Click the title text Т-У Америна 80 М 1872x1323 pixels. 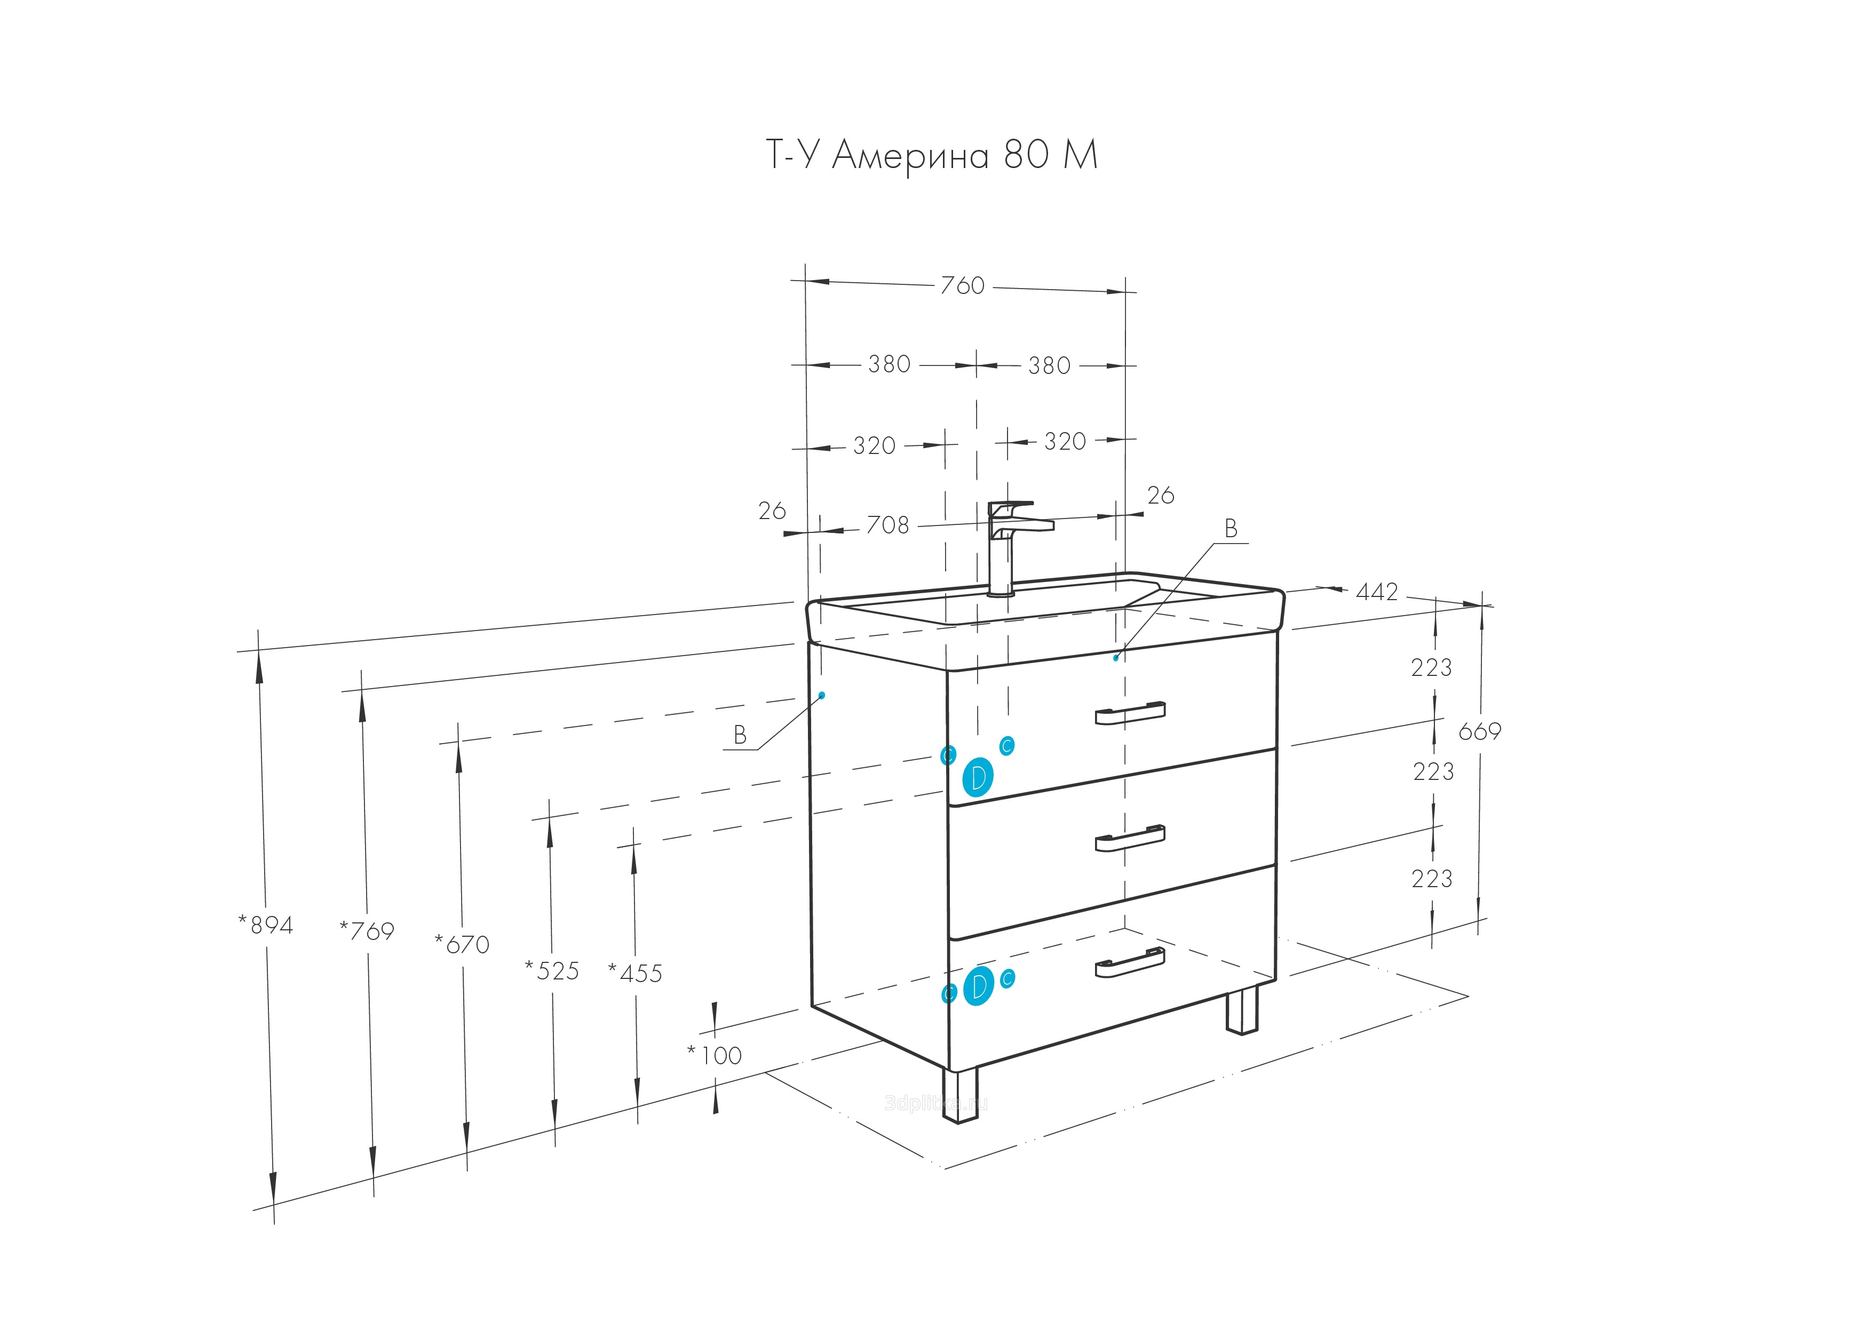[932, 154]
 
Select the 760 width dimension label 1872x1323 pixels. [962, 285]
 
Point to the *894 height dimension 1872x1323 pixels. [266, 924]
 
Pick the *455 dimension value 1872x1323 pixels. [636, 973]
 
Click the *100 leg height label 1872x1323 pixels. [715, 1056]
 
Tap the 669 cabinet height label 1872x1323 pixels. [1479, 731]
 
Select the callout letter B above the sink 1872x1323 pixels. [1231, 529]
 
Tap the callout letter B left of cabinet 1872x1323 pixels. [740, 735]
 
